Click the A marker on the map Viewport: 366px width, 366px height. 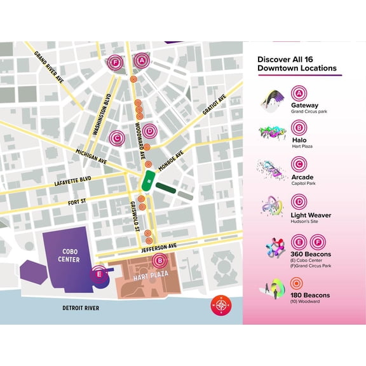pyautogui.click(x=142, y=61)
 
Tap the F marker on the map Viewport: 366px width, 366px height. pyautogui.click(x=115, y=62)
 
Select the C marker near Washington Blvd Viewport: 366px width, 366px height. pyautogui.click(x=116, y=137)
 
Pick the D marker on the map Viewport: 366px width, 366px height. pyautogui.click(x=149, y=131)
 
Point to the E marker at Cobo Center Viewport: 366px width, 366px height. pyautogui.click(x=98, y=274)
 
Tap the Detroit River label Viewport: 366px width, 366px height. pyautogui.click(x=81, y=308)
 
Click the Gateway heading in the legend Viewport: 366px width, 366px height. pyautogui.click(x=304, y=105)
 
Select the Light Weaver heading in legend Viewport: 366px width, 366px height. pyautogui.click(x=311, y=215)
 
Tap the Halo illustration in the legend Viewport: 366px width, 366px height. pyautogui.click(x=272, y=133)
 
